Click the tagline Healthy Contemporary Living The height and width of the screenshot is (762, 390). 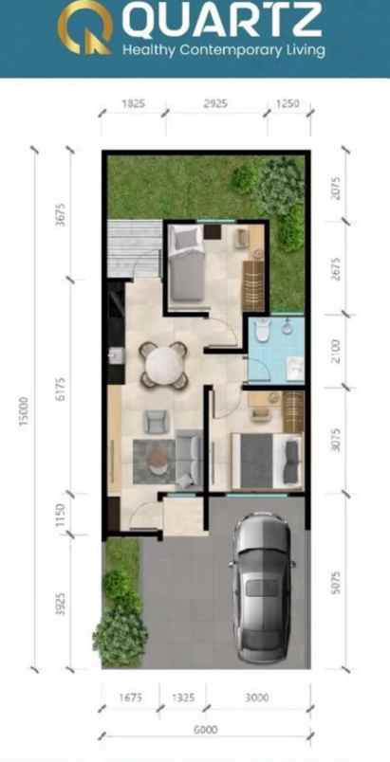click(222, 49)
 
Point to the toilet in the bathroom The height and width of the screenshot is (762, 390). click(263, 332)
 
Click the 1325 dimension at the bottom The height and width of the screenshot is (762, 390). click(184, 698)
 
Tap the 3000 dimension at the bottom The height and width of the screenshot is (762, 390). click(256, 698)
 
